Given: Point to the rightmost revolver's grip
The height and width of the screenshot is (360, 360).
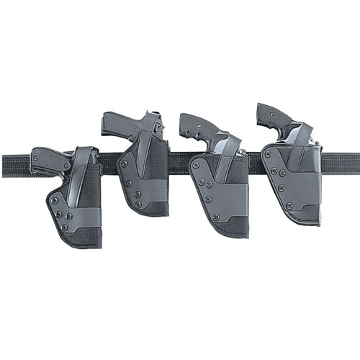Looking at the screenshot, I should tap(271, 115).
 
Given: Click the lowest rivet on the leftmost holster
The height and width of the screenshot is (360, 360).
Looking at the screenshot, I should tap(64, 228).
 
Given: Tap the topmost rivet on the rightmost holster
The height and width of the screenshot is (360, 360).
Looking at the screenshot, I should tap(267, 154).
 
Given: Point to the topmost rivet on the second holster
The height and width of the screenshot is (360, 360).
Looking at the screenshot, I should tap(123, 163).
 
